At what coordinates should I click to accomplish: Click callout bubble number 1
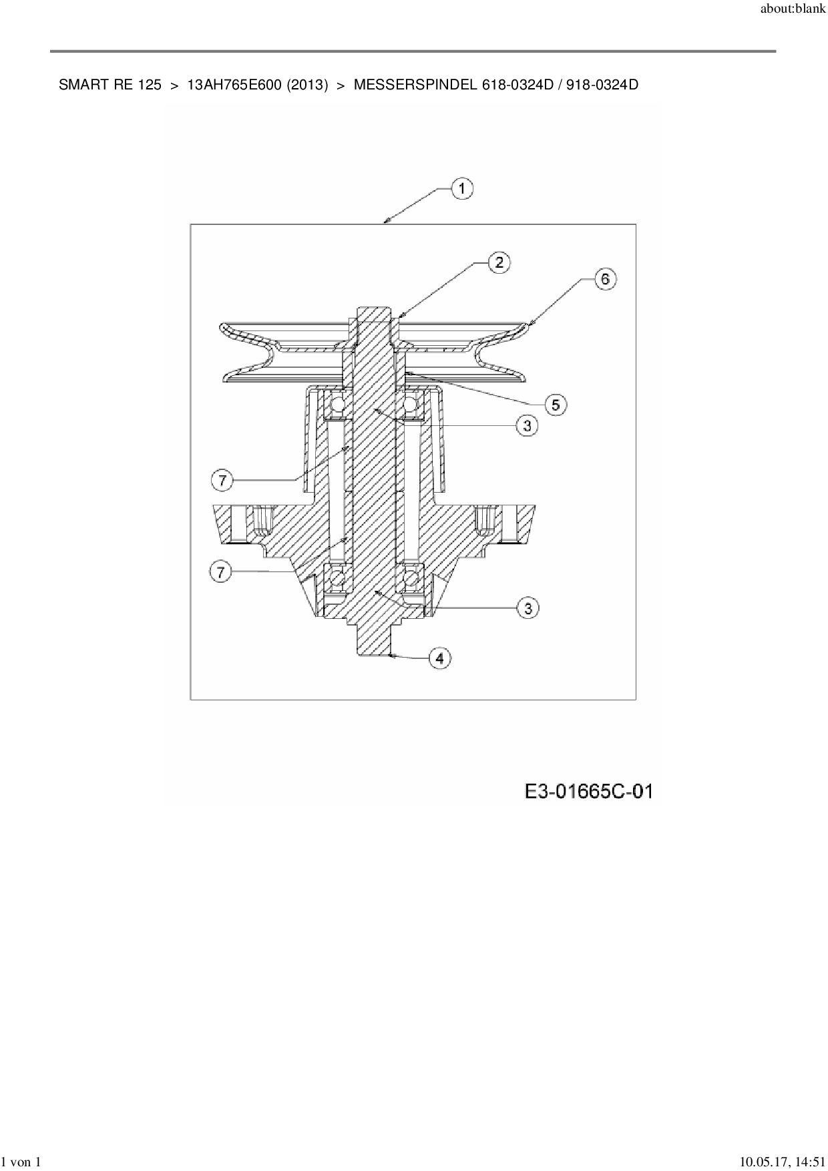pyautogui.click(x=461, y=189)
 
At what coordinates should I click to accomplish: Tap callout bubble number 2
pyautogui.click(x=499, y=262)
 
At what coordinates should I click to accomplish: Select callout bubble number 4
pyautogui.click(x=439, y=658)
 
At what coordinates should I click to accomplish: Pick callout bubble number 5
pyautogui.click(x=555, y=404)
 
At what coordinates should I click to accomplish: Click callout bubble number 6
pyautogui.click(x=605, y=278)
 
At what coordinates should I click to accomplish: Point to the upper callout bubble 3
pyautogui.click(x=527, y=425)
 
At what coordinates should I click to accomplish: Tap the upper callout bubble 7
pyautogui.click(x=222, y=479)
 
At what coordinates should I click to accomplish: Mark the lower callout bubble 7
pyautogui.click(x=221, y=572)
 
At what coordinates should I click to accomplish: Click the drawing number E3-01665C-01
pyautogui.click(x=588, y=792)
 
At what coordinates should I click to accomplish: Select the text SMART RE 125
pyautogui.click(x=110, y=85)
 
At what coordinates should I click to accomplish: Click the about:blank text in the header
pyautogui.click(x=793, y=11)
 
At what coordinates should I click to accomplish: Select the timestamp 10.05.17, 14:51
pyautogui.click(x=778, y=1162)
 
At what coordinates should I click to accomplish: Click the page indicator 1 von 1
pyautogui.click(x=21, y=1162)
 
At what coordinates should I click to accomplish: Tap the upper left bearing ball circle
pyautogui.click(x=337, y=405)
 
